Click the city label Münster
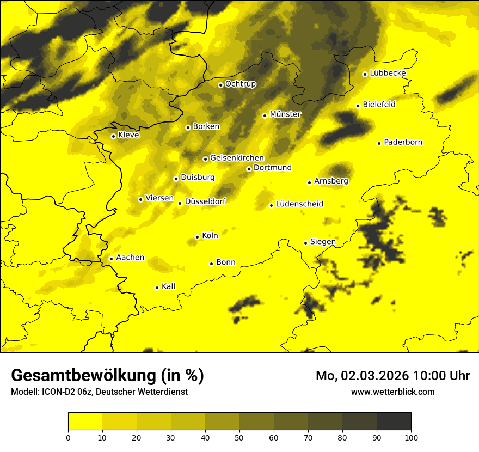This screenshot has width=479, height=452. tap(285, 114)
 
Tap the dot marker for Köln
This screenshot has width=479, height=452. tap(197, 237)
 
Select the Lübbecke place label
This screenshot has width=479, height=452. tap(388, 73)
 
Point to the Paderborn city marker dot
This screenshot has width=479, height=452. tap(379, 143)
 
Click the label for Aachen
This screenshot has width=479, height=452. tap(130, 258)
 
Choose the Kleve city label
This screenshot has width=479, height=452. tap(128, 135)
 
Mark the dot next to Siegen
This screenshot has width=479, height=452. tap(305, 243)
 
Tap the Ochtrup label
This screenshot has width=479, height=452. tap(241, 84)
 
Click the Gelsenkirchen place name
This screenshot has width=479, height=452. tap(237, 158)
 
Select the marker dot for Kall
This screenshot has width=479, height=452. tap(157, 288)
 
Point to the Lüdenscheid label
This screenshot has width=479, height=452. tap(299, 204)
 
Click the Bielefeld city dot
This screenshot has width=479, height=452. tap(358, 106)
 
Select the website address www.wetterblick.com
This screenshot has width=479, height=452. tap(393, 392)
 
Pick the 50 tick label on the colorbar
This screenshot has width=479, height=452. tap(239, 437)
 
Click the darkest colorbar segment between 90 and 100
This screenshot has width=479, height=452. tap(394, 421)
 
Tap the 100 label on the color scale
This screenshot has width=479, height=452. tap(411, 437)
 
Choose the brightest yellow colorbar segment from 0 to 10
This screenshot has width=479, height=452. tap(85, 421)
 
